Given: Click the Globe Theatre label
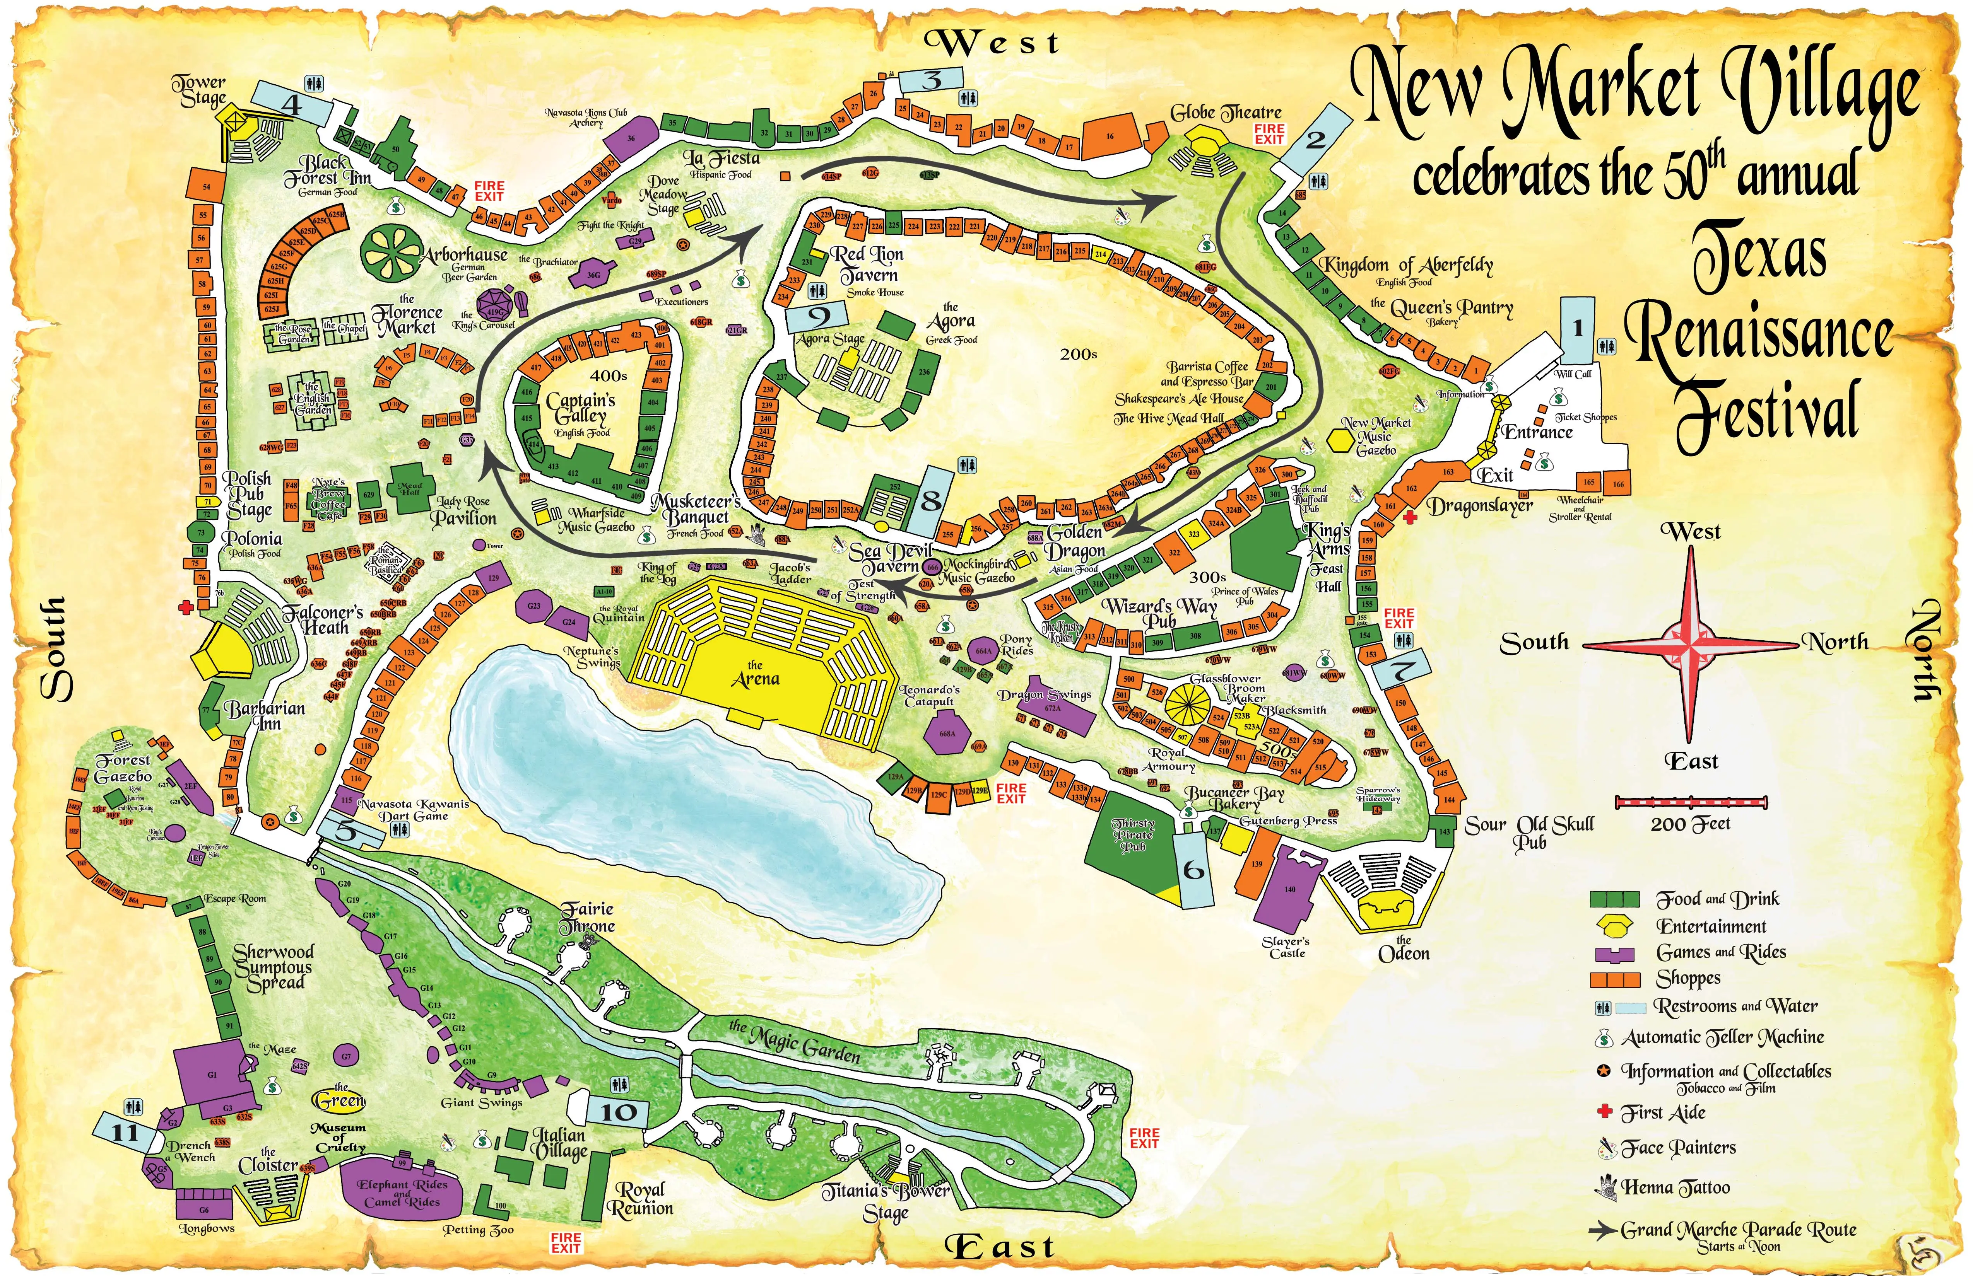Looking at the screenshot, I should tap(1225, 113).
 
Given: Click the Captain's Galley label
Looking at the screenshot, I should tap(580, 408).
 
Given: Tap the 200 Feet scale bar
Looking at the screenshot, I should tap(1691, 802).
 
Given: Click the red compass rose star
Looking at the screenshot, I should tap(1691, 644).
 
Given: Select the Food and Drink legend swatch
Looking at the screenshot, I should tap(1614, 899).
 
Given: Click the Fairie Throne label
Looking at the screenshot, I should tap(588, 917).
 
